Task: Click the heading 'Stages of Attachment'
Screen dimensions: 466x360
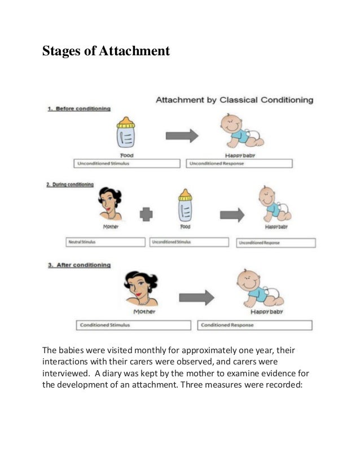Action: (106, 51)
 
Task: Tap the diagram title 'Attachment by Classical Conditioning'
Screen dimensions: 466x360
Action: (234, 100)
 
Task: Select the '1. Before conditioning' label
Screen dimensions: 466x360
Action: (79, 108)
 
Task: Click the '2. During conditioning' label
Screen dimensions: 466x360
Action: (70, 184)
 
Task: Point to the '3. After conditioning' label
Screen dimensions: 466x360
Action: (79, 265)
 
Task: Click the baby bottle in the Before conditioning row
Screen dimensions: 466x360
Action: (126, 134)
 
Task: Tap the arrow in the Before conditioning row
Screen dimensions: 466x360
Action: (182, 135)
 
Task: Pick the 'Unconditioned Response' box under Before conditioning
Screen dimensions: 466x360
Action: (239, 164)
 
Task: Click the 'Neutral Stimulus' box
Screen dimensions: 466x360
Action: (106, 242)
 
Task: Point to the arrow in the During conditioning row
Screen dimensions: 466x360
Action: (231, 215)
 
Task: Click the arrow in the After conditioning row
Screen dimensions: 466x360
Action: (196, 297)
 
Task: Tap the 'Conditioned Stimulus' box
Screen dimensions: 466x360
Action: (134, 326)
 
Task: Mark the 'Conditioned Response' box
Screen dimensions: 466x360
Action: (254, 326)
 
